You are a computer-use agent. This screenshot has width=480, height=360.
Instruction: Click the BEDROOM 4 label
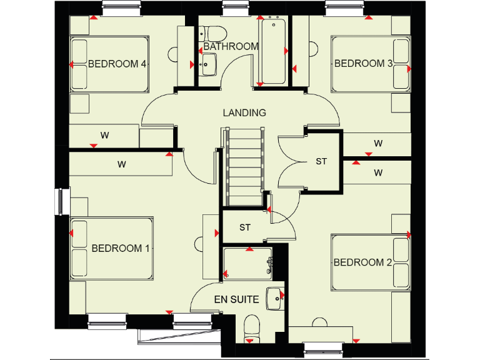[117, 64]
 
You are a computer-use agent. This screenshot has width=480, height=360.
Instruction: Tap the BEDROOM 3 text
[363, 64]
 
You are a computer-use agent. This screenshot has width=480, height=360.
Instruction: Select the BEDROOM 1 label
[121, 248]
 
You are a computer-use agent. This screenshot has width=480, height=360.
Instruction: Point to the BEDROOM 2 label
[362, 262]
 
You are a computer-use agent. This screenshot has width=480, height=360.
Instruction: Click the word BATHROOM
[231, 46]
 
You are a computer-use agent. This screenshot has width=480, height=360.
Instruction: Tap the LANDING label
[244, 113]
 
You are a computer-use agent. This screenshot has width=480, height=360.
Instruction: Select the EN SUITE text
[236, 299]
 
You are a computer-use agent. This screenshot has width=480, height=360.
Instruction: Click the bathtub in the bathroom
[273, 52]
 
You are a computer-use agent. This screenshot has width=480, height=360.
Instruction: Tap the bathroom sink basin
[208, 62]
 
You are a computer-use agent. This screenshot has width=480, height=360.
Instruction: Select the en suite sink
[274, 298]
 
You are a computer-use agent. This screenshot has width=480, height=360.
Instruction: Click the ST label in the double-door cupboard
[321, 161]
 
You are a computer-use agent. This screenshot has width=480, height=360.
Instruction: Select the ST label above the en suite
[245, 227]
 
